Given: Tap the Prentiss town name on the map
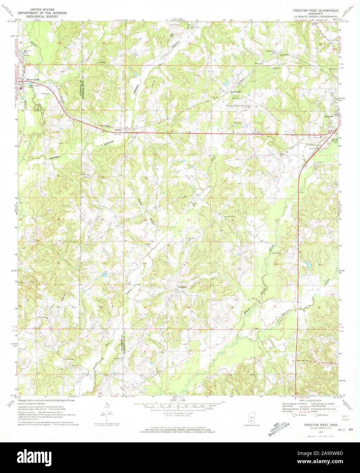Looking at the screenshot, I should click(328, 116).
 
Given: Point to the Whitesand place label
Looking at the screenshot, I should click(235, 92).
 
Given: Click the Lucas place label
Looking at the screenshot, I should click(118, 130).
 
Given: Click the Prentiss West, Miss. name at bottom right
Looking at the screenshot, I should click(318, 425).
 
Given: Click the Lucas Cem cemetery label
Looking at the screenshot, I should click(101, 63).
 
